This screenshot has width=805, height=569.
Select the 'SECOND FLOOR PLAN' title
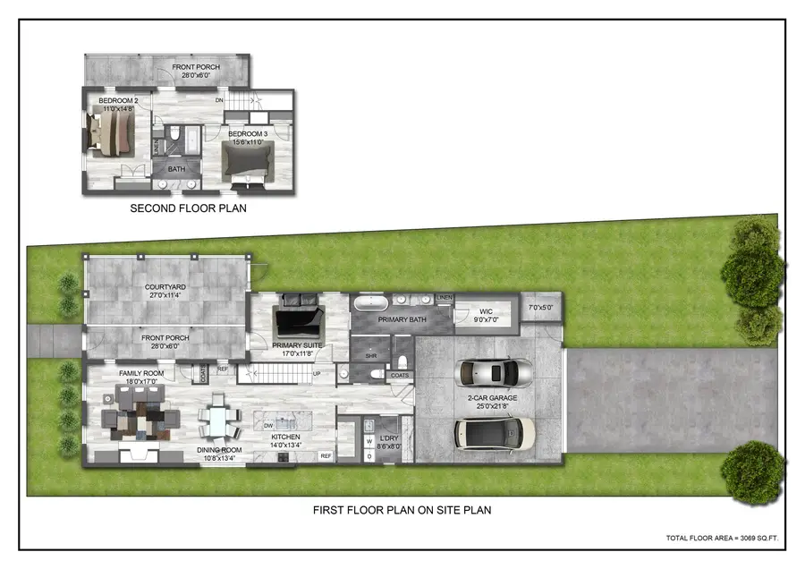(x=188, y=208)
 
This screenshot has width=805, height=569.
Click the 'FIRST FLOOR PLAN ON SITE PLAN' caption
(x=402, y=510)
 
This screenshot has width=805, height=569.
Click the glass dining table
(x=218, y=419)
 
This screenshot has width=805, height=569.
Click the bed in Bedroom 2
(x=114, y=133)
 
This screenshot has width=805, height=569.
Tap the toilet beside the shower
(x=402, y=360)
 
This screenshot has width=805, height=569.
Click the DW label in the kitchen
(x=268, y=426)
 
